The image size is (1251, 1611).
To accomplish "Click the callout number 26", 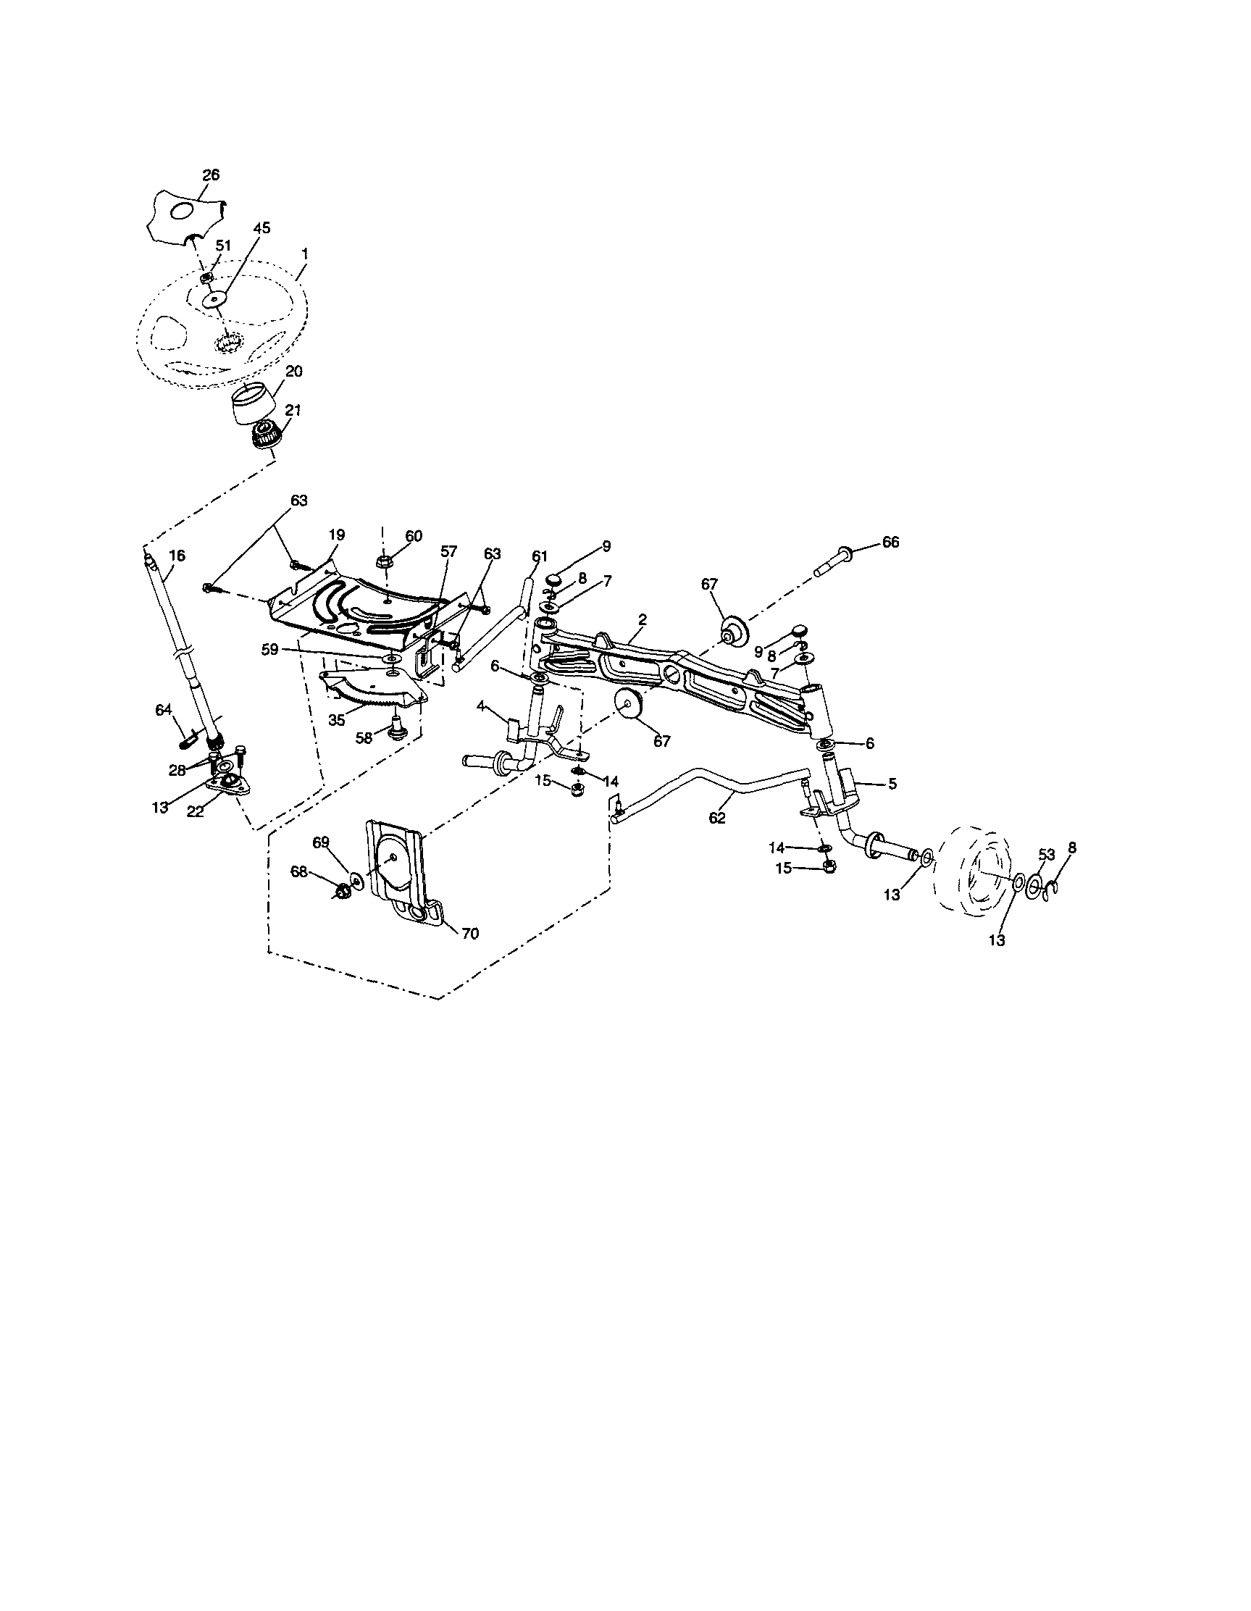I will tap(211, 175).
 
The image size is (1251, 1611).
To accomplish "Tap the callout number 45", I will tap(262, 229).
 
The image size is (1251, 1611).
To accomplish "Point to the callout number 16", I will tap(177, 556).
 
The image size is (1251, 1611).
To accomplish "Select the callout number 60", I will tap(414, 536).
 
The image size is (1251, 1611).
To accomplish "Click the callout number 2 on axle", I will tap(643, 620).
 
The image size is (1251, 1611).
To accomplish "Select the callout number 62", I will tap(717, 817).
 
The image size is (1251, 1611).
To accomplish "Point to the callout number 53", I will tap(1046, 854).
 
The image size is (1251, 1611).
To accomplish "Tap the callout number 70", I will tap(469, 934).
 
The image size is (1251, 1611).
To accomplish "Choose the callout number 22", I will tap(195, 811).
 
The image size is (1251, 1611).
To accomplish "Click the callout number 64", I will tap(163, 710).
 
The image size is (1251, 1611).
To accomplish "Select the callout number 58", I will tap(364, 737).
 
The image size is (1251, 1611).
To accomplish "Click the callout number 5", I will tap(892, 784).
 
